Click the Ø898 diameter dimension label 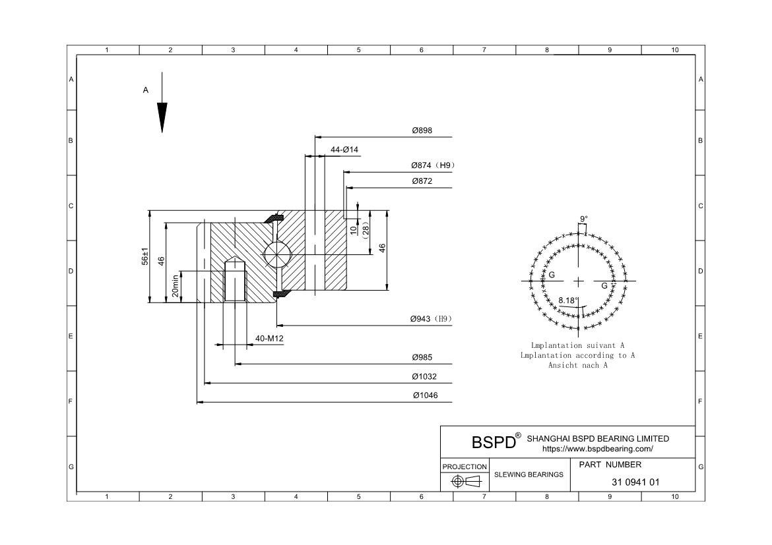[422, 131]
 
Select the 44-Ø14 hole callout [344, 150]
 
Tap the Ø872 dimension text [422, 181]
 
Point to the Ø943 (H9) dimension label [430, 319]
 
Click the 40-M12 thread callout [269, 339]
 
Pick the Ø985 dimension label [422, 358]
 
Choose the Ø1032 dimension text [424, 377]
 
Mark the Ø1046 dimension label [424, 396]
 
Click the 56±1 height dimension [145, 257]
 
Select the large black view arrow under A [162, 117]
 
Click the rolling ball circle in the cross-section [276, 254]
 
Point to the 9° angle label [584, 219]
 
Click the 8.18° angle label [568, 301]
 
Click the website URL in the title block [597, 449]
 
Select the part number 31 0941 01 [635, 482]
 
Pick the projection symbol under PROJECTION [465, 482]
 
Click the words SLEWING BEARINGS [529, 474]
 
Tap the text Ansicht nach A [577, 365]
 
